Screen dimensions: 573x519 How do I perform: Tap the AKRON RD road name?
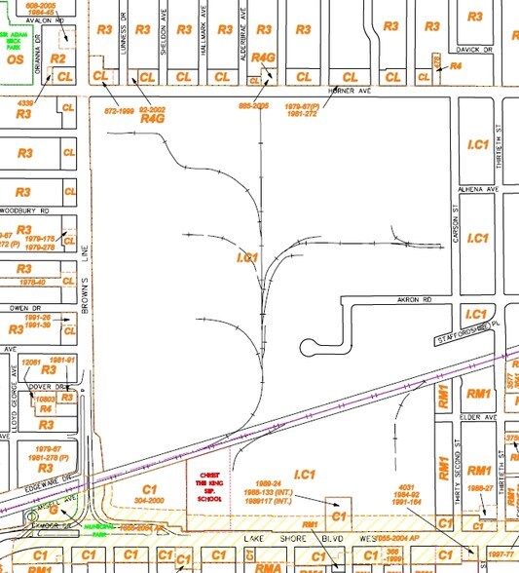tap(398, 300)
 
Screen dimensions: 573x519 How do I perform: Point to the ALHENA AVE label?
tap(478, 189)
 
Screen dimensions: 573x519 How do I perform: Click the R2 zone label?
tap(57, 59)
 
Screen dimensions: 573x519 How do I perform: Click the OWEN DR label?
tap(19, 307)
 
